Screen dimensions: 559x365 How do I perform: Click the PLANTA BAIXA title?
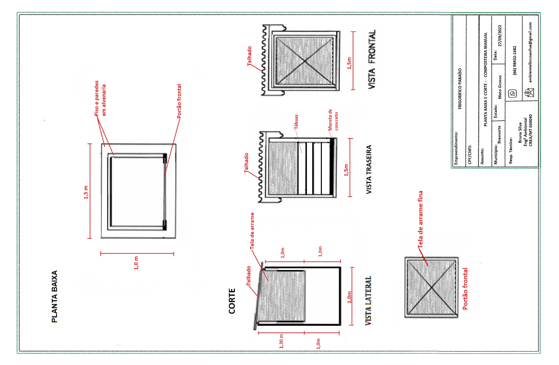coord(54,296)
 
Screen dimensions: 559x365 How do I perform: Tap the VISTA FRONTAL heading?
coord(372,59)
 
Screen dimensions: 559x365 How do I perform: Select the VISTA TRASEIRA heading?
coord(369,169)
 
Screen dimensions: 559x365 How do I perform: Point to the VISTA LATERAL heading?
coord(368,301)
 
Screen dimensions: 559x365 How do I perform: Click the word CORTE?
coord(232,301)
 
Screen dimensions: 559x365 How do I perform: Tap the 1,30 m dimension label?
coord(281,341)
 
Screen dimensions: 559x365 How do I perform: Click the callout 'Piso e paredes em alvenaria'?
coord(100,98)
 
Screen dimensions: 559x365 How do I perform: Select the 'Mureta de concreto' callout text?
coord(333,120)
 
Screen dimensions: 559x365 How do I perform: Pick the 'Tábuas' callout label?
coord(296,122)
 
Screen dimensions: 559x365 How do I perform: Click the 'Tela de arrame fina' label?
coord(420,220)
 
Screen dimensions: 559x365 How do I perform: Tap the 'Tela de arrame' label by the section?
coord(252,231)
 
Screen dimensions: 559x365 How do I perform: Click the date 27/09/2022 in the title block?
coord(500,36)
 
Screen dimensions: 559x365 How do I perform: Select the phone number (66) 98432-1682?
coord(514,60)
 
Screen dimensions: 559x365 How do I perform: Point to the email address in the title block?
coord(530,52)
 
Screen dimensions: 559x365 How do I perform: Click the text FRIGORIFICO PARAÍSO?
coord(460,89)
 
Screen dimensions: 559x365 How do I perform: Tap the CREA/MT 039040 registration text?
coord(530,130)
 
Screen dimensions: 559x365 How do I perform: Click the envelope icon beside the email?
coord(529,93)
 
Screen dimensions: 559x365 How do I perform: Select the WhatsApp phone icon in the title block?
coord(512,94)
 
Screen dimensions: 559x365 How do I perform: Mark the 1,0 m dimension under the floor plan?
coord(136,263)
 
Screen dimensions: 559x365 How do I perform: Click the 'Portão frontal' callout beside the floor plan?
coord(179,101)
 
